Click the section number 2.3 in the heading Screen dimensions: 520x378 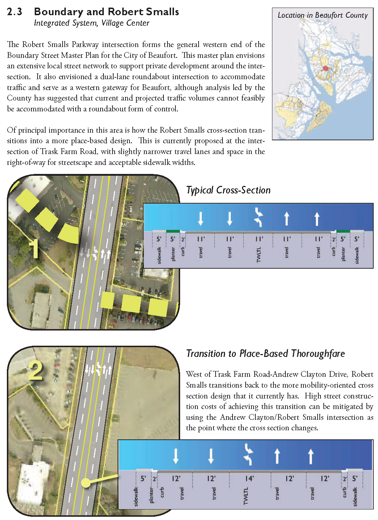(x=14, y=12)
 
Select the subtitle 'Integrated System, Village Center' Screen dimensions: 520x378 (x=92, y=23)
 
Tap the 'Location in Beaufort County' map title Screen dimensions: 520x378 (x=322, y=15)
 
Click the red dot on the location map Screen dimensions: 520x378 (x=325, y=68)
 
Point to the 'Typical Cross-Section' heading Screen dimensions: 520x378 (x=228, y=190)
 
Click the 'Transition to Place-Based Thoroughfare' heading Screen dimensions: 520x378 (x=266, y=354)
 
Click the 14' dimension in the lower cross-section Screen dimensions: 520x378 (x=249, y=478)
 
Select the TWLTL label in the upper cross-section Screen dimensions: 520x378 (x=258, y=255)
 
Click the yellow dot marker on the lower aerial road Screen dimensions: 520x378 (x=86, y=483)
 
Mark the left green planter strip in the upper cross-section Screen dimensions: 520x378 (x=173, y=231)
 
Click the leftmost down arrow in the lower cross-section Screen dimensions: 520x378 (x=176, y=456)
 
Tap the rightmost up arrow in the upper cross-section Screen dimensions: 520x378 (x=317, y=219)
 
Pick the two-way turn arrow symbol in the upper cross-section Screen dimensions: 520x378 (x=258, y=217)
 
